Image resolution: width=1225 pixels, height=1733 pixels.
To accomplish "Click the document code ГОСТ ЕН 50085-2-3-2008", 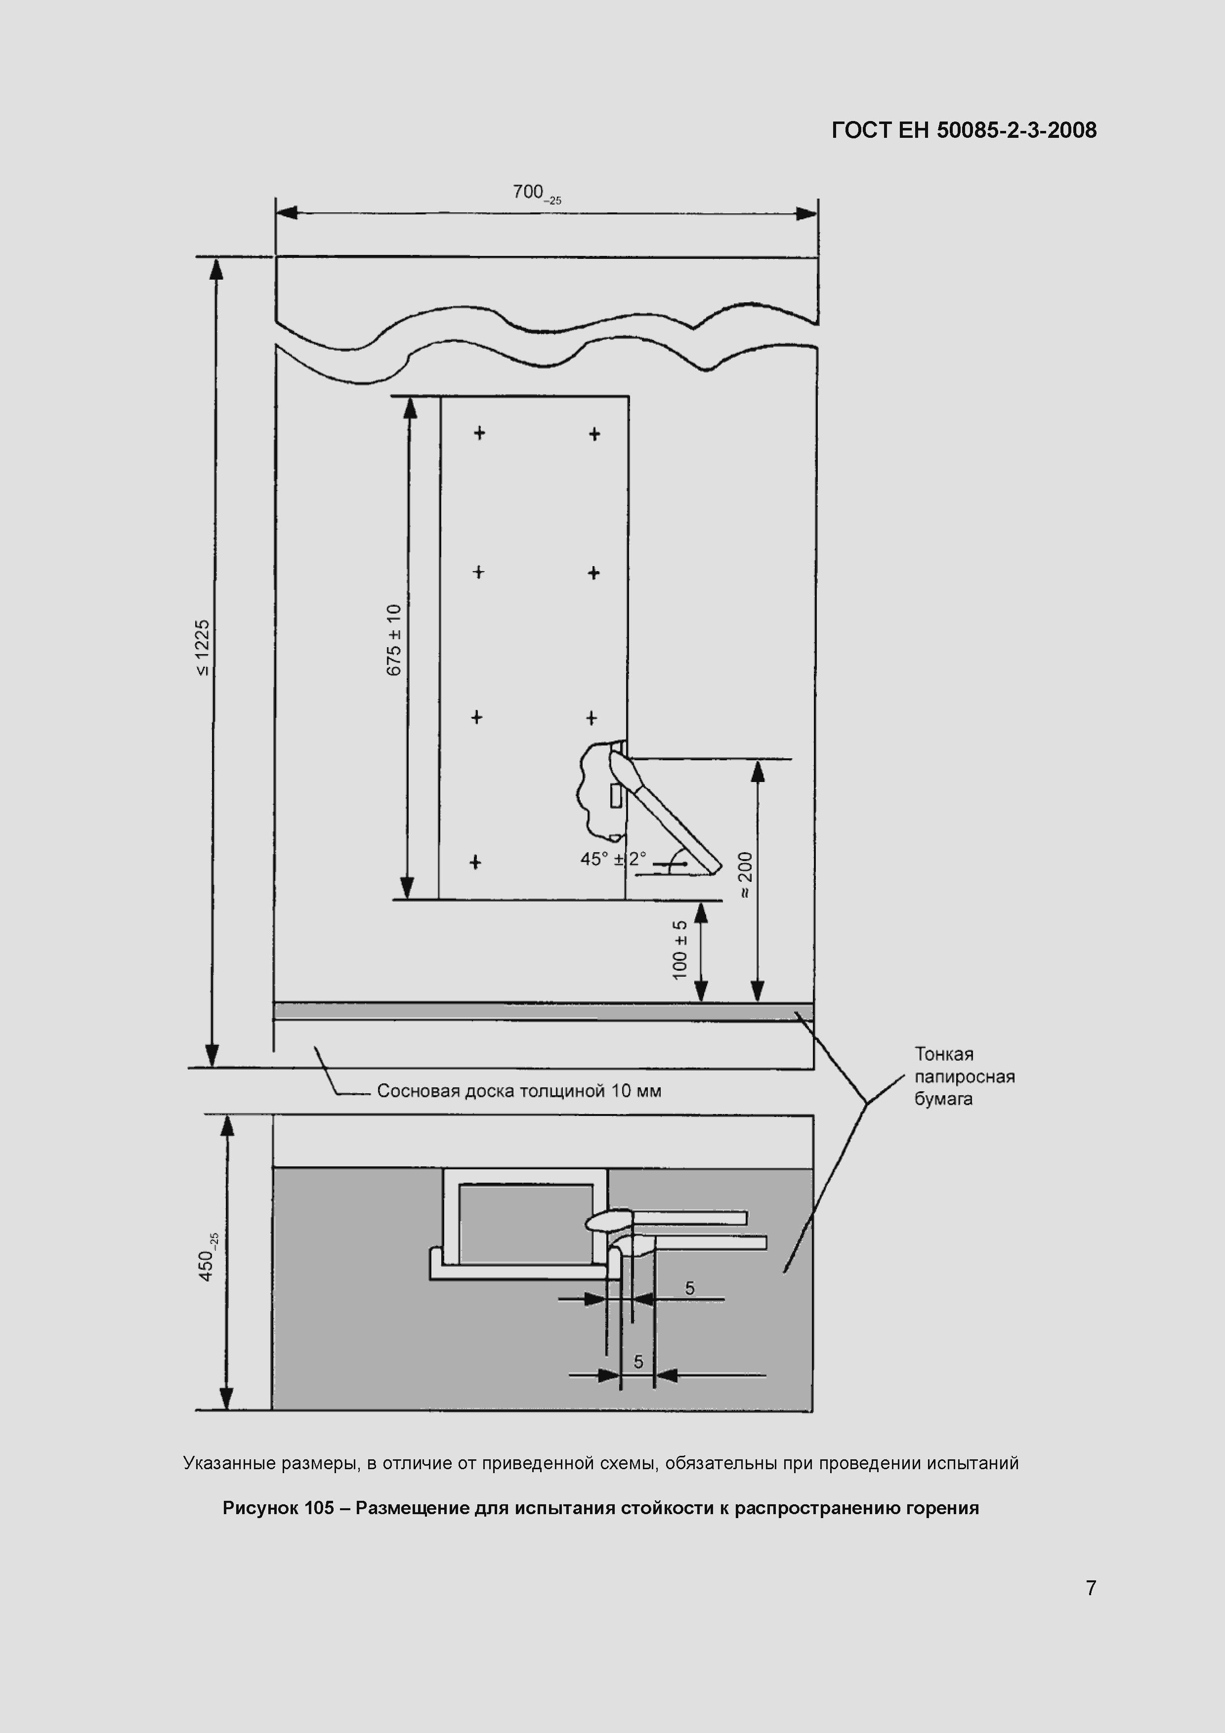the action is pos(964,130).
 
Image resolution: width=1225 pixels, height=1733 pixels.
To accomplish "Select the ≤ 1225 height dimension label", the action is pos(203,648).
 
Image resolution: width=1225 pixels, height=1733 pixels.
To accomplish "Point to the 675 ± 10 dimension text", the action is pos(393,640).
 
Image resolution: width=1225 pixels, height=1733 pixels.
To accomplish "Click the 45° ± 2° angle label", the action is pos(613,859).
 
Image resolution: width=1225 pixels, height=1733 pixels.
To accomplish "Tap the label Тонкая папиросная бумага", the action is pos(965,1076).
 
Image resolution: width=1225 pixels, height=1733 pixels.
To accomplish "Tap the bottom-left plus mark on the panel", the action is pos(475,862).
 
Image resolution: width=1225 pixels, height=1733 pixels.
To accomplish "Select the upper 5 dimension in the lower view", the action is pos(690,1288).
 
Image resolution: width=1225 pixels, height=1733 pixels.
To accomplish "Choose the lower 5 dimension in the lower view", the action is pos(638,1362).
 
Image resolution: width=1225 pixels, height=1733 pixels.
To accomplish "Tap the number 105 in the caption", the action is pos(319,1508).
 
